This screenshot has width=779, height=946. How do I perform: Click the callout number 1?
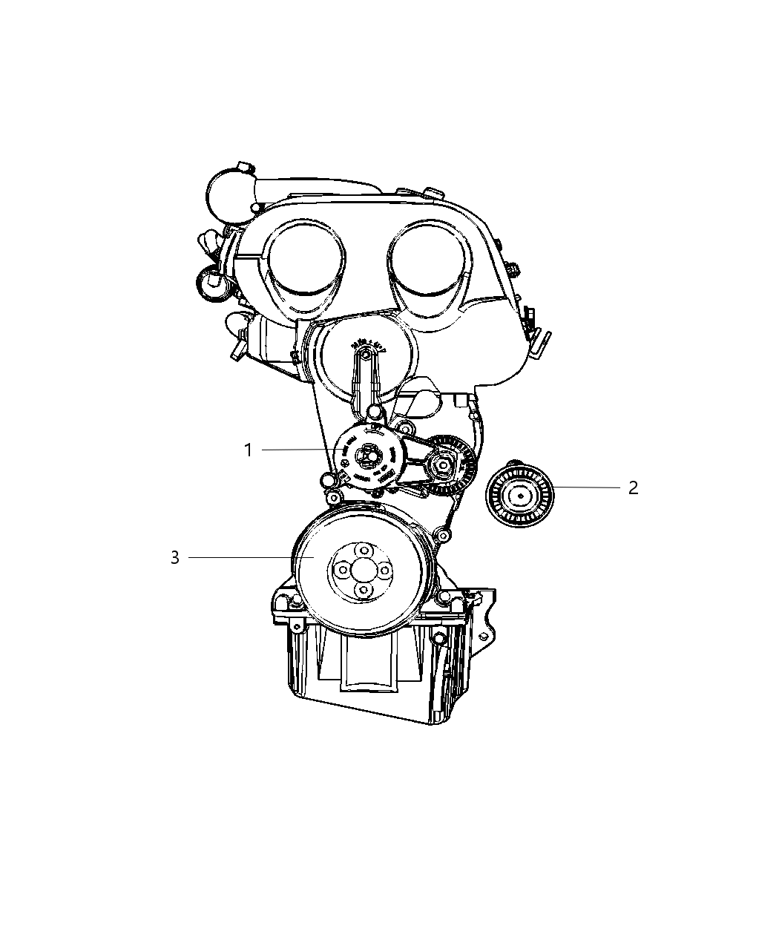249,450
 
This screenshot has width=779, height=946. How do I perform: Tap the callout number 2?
633,487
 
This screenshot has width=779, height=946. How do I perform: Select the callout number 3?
175,557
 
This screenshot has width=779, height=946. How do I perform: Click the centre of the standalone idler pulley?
519,496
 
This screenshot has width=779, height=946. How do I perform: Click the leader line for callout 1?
297,450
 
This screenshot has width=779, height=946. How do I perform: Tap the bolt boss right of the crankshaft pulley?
444,534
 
